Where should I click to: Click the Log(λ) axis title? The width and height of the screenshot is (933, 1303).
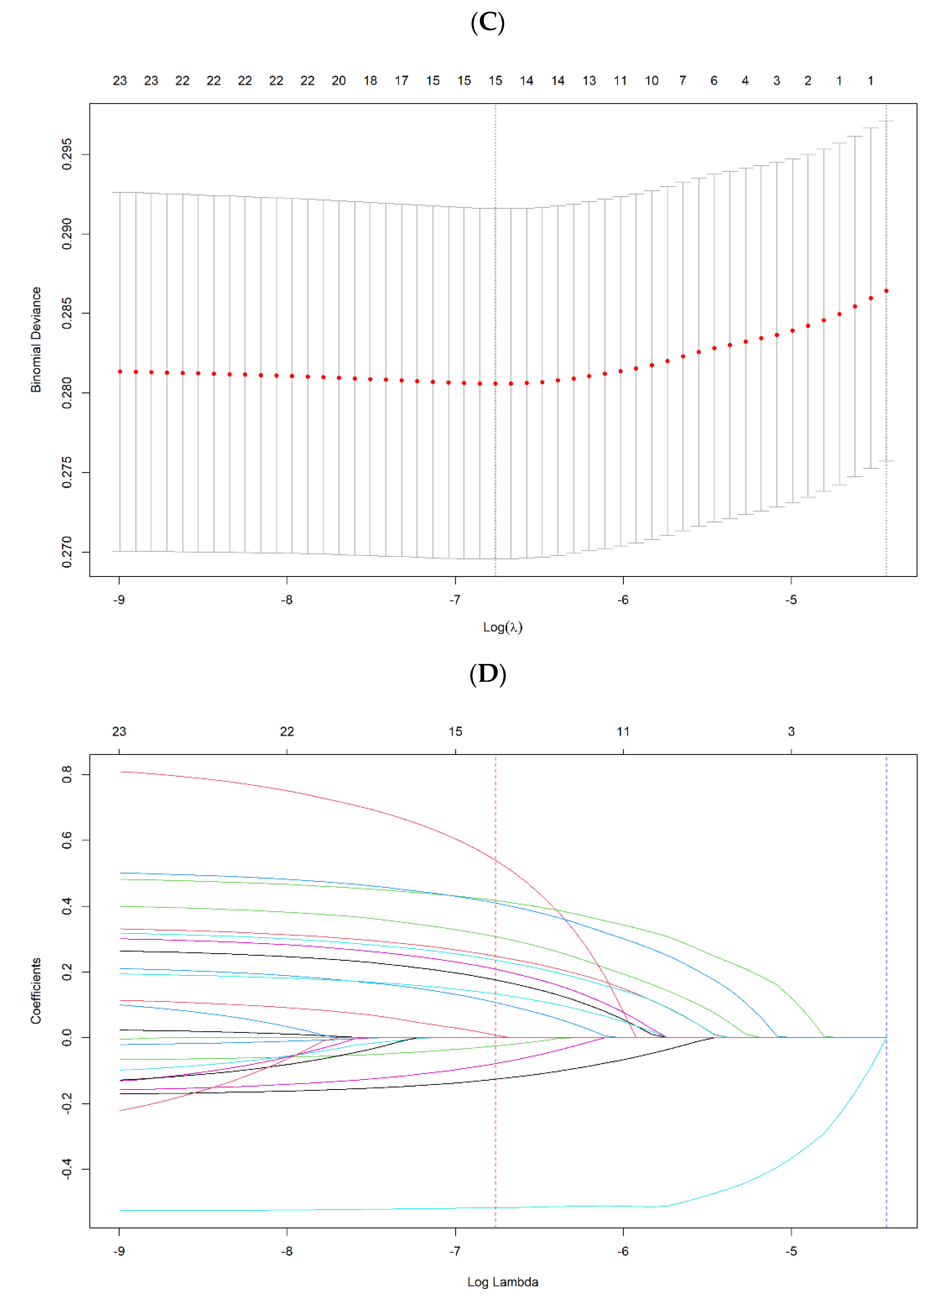click(x=503, y=627)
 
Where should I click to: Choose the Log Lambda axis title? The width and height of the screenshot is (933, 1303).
click(x=503, y=1282)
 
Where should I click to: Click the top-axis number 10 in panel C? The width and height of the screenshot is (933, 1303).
click(x=652, y=81)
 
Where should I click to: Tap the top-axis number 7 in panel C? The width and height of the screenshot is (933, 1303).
click(x=683, y=81)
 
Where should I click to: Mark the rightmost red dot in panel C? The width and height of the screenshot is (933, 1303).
click(x=886, y=291)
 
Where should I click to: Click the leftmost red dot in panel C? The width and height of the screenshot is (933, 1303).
click(x=120, y=371)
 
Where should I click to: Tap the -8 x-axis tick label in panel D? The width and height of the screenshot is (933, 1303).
click(x=287, y=1251)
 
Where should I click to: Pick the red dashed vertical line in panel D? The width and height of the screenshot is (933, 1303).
click(x=495, y=976)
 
